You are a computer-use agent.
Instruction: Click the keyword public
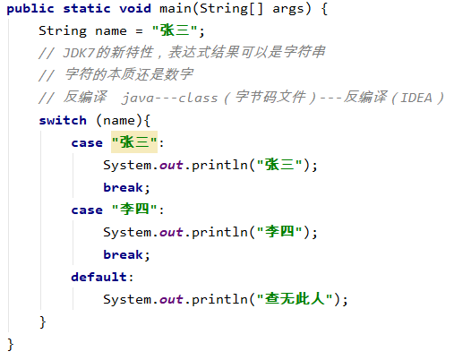(30, 9)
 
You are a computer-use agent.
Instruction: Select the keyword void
(135, 8)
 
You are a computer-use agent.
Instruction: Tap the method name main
(176, 8)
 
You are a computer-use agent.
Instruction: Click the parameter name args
(288, 9)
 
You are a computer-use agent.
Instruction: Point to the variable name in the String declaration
(111, 30)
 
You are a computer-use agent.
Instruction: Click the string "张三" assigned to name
(175, 30)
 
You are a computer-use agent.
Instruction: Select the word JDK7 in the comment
(79, 53)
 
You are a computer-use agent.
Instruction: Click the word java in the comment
(138, 98)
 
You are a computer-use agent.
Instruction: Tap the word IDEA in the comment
(416, 98)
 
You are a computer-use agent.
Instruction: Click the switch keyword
(63, 120)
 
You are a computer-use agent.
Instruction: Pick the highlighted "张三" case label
(134, 142)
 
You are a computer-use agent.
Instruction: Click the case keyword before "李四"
(87, 210)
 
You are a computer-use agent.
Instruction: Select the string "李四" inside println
(279, 232)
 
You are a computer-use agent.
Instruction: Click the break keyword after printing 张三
(123, 187)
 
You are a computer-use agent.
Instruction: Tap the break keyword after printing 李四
(123, 254)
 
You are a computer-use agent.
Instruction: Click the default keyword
(99, 277)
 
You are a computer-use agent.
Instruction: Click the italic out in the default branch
(171, 299)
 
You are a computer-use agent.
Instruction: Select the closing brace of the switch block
(42, 322)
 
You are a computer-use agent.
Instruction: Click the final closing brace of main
(11, 345)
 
